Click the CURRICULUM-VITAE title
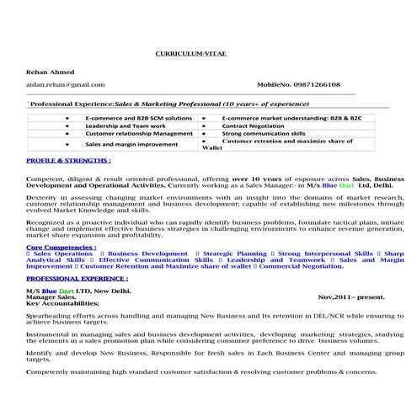coord(190,53)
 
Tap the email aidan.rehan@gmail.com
coord(66,85)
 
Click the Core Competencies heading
coord(61,248)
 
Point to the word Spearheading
coord(51,313)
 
